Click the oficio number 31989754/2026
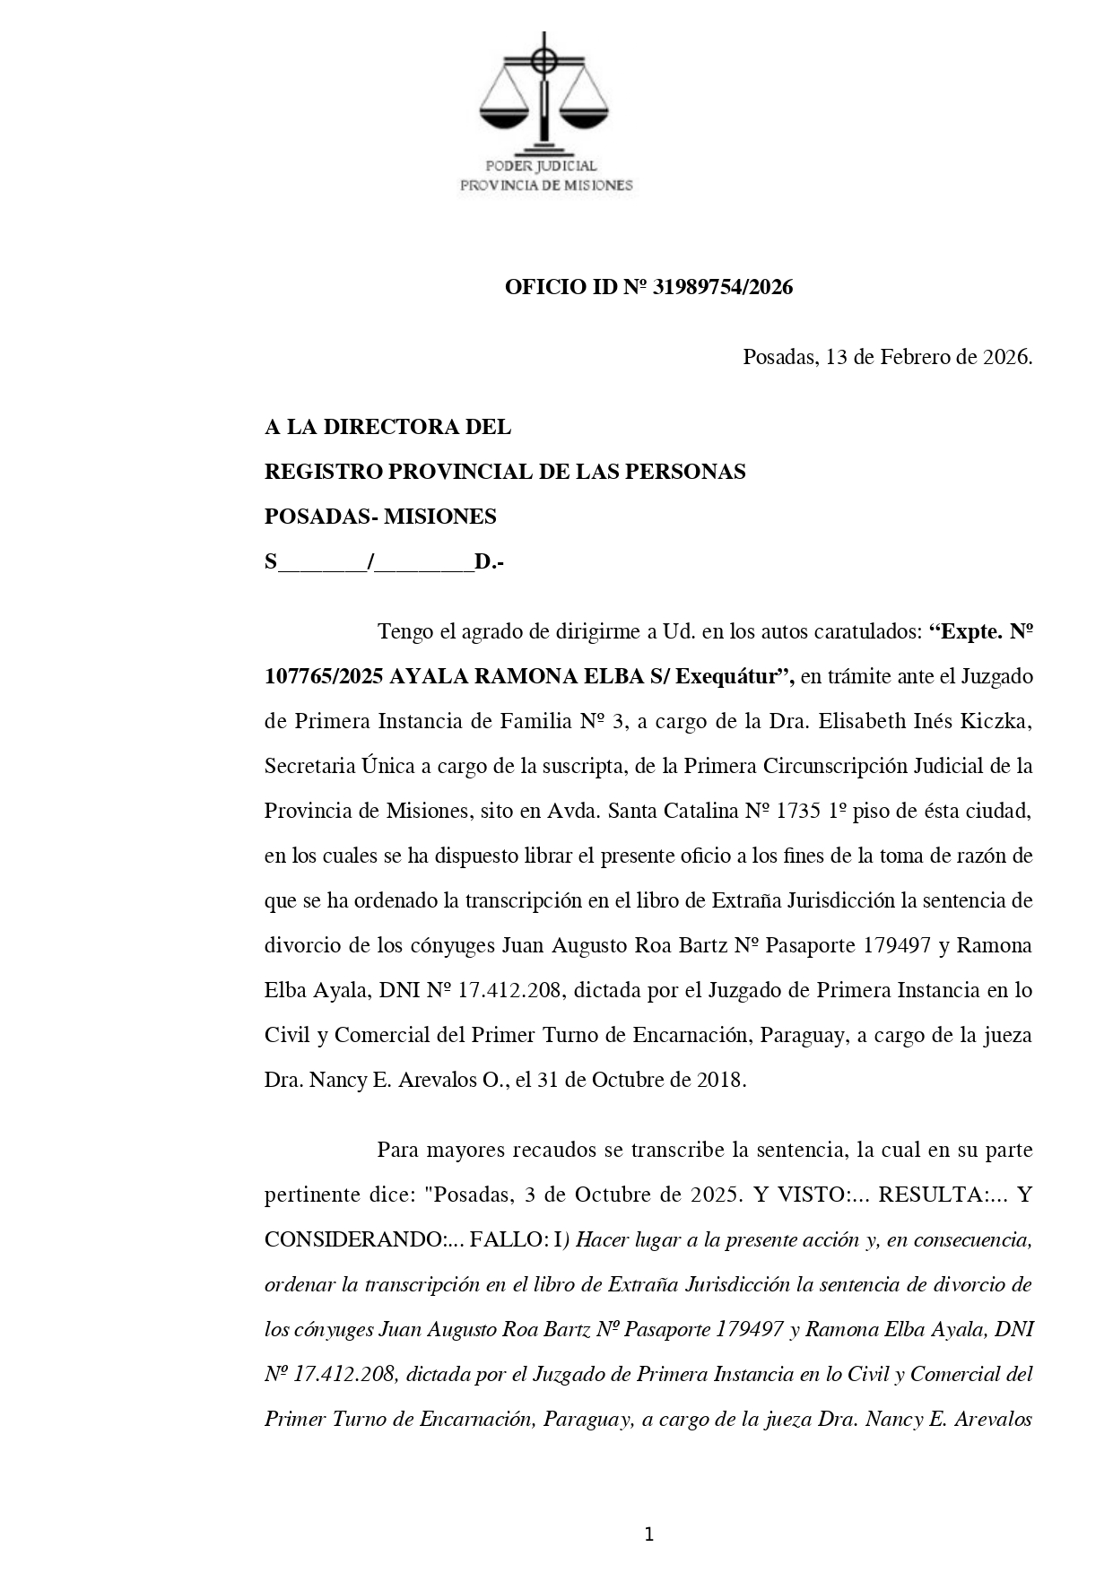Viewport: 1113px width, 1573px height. pyautogui.click(x=723, y=287)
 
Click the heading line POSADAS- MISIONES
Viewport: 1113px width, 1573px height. pyautogui.click(x=380, y=517)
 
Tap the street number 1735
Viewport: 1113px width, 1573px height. pyautogui.click(x=797, y=811)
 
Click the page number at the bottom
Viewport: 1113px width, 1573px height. pyautogui.click(x=648, y=1534)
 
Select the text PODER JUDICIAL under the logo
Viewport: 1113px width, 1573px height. pyautogui.click(x=541, y=166)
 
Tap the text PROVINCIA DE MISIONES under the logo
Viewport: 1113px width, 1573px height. pyautogui.click(x=546, y=186)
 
